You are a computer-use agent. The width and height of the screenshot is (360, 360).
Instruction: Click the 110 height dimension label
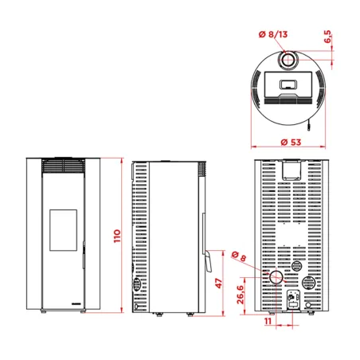tap(117, 236)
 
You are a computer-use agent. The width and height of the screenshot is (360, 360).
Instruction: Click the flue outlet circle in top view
tap(289, 61)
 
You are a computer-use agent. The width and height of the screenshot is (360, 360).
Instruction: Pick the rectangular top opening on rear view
tap(288, 170)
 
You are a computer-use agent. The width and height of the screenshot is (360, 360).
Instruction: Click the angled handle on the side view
tap(205, 260)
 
